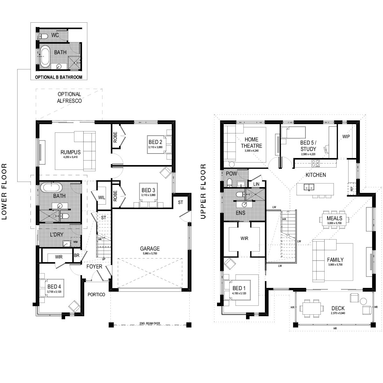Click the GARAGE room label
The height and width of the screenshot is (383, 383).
[150, 249]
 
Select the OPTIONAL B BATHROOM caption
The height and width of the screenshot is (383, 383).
[58, 77]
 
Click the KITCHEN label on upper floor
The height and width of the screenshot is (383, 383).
[316, 175]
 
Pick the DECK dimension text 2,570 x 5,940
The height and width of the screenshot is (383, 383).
[338, 313]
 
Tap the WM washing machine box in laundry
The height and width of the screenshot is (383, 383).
[75, 242]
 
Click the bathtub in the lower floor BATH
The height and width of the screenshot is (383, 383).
[52, 187]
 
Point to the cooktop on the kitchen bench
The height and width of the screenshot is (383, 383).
[316, 163]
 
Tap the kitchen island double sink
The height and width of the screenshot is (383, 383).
[308, 187]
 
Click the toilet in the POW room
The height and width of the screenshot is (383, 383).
[229, 183]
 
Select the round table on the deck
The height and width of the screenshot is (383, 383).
[363, 301]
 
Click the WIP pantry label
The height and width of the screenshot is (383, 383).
[346, 137]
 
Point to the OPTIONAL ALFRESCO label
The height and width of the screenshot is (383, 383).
[69, 97]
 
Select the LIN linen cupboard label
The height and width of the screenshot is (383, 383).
[256, 184]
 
